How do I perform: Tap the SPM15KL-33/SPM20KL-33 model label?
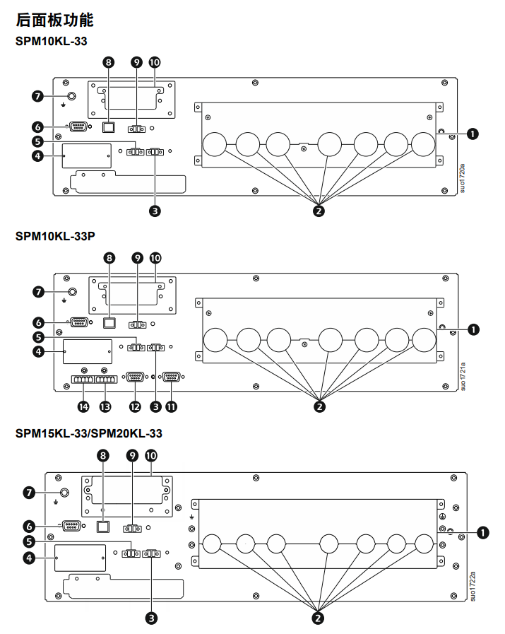[x=89, y=433]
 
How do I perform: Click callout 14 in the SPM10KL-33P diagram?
[x=84, y=406]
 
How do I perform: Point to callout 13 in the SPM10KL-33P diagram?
[x=106, y=406]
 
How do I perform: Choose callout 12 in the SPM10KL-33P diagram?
[x=135, y=406]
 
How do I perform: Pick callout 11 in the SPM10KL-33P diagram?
[x=172, y=406]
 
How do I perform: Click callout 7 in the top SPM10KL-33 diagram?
[x=38, y=95]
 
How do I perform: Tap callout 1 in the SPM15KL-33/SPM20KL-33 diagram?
[x=483, y=532]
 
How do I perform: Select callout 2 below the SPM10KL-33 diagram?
[x=319, y=210]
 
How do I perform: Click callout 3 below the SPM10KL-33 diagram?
[x=155, y=210]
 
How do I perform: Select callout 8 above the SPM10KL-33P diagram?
[x=109, y=258]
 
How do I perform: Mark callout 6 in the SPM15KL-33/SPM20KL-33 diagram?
[x=29, y=526]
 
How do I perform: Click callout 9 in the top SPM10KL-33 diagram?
[x=137, y=62]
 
